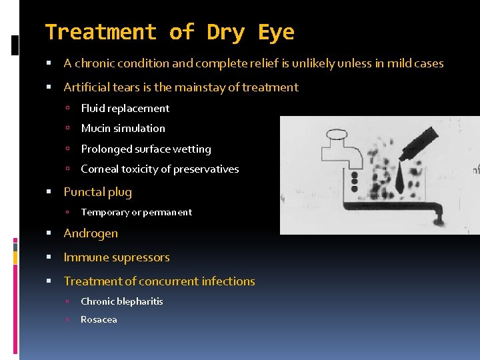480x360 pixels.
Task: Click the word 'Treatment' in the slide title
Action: (x=100, y=32)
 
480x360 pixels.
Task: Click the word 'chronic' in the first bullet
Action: (x=98, y=64)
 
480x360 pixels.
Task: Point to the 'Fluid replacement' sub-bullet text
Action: (x=125, y=108)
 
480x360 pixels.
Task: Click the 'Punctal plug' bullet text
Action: (x=97, y=192)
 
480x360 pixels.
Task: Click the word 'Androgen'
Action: (x=91, y=233)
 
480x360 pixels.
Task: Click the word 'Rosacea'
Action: (x=99, y=319)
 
